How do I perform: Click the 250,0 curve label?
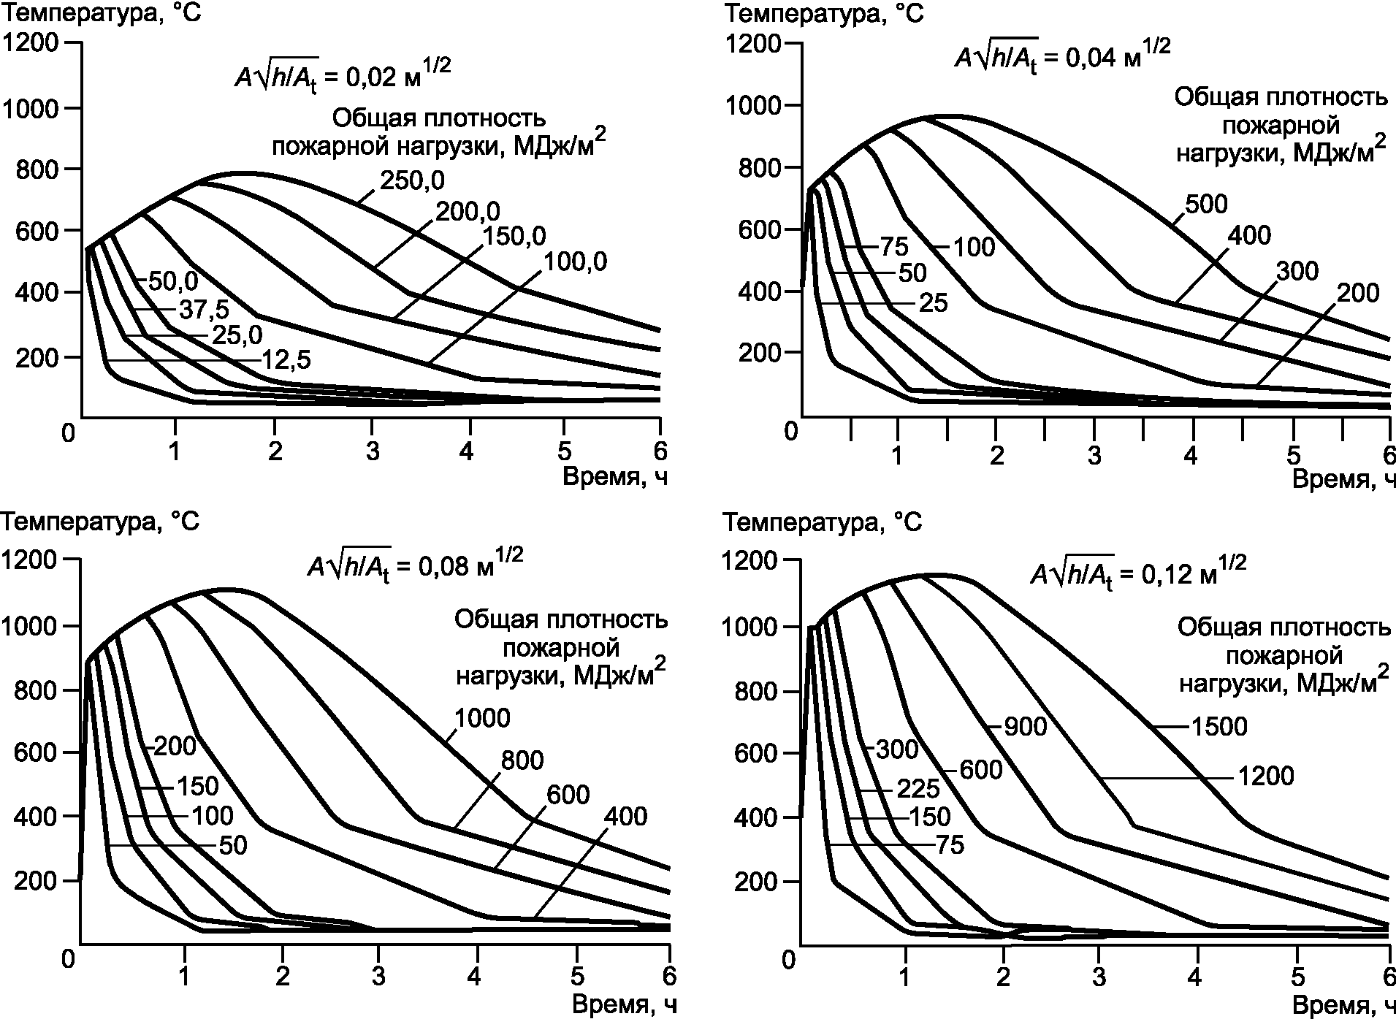[x=412, y=180]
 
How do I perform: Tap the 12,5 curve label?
[x=286, y=361]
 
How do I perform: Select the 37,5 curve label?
[x=182, y=310]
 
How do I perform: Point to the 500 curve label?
[x=1205, y=205]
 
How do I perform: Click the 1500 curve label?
[x=1218, y=727]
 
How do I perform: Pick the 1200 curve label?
[x=1265, y=776]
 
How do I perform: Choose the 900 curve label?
[x=1025, y=727]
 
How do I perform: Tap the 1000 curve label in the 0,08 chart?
[x=481, y=719]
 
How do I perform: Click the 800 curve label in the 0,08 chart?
[x=522, y=761]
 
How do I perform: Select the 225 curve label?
[x=918, y=790]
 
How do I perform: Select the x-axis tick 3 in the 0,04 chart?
[x=1094, y=456]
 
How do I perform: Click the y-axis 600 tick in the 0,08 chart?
[x=35, y=753]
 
